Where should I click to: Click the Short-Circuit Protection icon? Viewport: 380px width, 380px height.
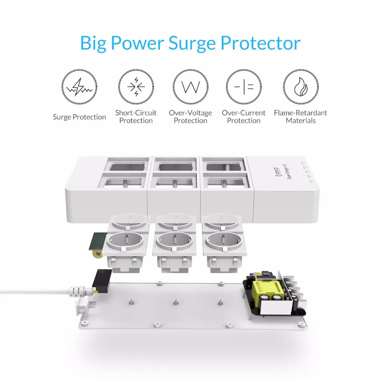pos(136,87)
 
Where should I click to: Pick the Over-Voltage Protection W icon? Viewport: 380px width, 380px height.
pos(190,87)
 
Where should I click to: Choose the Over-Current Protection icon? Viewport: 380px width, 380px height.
pos(244,87)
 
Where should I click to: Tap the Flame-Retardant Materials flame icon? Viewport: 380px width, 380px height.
pos(301,87)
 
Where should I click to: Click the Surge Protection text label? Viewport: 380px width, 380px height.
pos(79,117)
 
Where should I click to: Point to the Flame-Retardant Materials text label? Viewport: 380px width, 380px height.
pos(301,117)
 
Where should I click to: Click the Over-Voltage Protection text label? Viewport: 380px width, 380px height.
pos(190,117)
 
